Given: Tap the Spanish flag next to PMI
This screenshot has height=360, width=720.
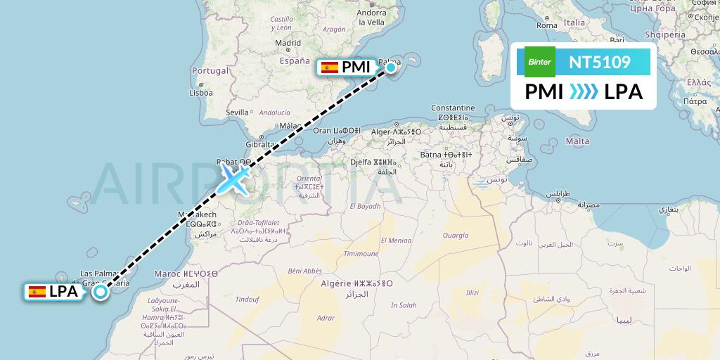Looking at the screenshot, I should tap(328, 67).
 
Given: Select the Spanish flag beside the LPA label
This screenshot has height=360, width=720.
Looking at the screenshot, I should tap(37, 291).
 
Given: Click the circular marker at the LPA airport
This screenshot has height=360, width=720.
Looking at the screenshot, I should tap(101, 292).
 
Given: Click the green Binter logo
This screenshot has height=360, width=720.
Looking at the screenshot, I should tap(540, 62).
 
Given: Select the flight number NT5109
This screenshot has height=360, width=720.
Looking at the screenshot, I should tap(600, 63).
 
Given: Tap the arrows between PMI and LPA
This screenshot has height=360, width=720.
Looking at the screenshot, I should tap(584, 91).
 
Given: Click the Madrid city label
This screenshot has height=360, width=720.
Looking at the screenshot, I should tap(288, 43).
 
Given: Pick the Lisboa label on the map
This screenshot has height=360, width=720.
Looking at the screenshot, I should tap(200, 92).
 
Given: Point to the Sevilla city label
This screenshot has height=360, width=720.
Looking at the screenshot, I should tap(238, 112).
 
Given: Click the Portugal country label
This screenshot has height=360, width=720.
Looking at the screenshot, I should tap(210, 71).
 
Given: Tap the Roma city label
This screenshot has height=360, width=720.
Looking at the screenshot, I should tap(546, 25).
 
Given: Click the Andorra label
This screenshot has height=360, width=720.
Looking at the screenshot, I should tap(371, 12).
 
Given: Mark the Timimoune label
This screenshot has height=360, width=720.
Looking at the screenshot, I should tap(361, 254).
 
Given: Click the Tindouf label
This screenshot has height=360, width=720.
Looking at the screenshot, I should tap(247, 299).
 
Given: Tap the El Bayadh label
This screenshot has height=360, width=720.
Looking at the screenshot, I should tap(366, 206).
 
